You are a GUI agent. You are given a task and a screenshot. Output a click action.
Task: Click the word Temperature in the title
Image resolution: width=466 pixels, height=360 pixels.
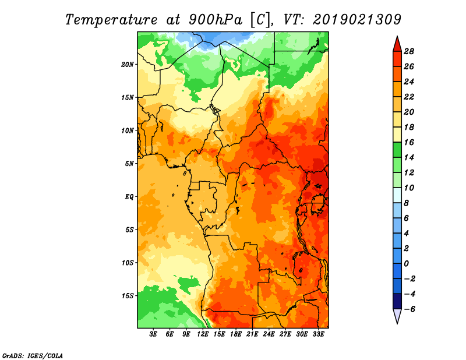(x=111, y=20)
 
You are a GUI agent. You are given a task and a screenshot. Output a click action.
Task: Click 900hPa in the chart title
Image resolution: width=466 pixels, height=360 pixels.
(x=216, y=20)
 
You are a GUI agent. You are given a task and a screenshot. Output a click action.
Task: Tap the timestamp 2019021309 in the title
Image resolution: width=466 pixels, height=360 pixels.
(x=357, y=19)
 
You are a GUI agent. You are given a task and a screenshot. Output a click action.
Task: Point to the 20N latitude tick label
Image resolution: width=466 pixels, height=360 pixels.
(x=128, y=64)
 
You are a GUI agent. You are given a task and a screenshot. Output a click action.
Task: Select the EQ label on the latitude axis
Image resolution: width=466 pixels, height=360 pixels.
(x=129, y=197)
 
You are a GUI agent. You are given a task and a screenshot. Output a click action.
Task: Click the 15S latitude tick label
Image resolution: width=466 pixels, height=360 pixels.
(x=128, y=296)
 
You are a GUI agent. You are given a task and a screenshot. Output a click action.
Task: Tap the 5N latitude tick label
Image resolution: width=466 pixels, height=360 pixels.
(x=129, y=164)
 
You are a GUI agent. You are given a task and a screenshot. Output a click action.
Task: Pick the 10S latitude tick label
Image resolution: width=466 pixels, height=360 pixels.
(x=128, y=263)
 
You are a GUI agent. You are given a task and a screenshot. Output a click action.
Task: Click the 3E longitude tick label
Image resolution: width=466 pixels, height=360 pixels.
(x=153, y=334)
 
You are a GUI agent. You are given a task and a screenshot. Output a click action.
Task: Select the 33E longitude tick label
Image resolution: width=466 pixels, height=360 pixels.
(x=318, y=334)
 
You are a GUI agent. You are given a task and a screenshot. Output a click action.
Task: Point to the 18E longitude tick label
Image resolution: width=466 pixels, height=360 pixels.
(x=236, y=334)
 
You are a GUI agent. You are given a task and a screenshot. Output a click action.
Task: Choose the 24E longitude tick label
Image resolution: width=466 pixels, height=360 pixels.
(x=269, y=334)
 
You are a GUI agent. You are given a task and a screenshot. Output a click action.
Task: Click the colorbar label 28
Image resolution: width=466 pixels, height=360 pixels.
(x=409, y=51)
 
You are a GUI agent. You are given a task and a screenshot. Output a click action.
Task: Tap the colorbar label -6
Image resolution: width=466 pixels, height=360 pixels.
(x=409, y=309)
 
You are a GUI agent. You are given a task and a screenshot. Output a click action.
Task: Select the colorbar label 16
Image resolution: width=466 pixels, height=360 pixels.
(x=409, y=142)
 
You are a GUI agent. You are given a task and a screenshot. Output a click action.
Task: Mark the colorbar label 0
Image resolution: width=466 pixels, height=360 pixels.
(x=406, y=264)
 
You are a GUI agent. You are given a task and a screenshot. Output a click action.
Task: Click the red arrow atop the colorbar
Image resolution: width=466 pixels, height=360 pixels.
(x=397, y=45)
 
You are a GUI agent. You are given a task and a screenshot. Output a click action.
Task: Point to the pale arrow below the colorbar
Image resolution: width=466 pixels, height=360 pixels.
(x=397, y=315)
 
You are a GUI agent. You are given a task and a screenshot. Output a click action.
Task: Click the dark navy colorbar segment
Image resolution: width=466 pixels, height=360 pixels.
(x=397, y=301)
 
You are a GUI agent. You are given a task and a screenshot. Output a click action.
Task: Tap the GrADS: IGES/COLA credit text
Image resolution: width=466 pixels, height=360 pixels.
(x=33, y=356)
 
